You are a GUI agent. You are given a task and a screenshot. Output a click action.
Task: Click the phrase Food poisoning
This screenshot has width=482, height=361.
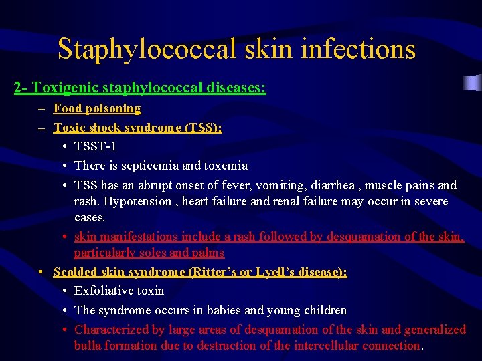click(97, 108)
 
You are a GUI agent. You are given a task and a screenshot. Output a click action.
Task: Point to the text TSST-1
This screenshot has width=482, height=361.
click(95, 146)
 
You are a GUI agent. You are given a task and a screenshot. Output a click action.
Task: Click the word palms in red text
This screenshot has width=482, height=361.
click(207, 253)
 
